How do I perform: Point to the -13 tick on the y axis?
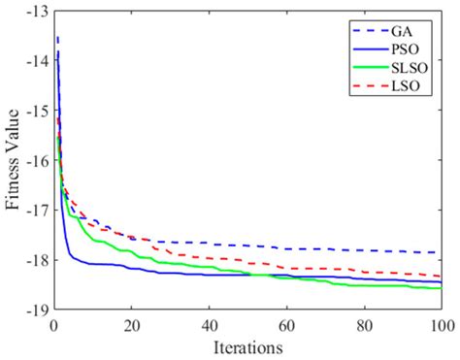point(36,12)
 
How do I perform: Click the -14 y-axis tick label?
point(36,61)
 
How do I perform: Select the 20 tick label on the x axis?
point(132,324)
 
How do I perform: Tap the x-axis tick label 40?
point(210,324)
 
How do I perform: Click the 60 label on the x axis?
point(286,324)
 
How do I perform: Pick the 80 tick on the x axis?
point(364,324)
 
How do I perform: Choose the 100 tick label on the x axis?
point(440,324)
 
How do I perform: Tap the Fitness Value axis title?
point(14,160)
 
